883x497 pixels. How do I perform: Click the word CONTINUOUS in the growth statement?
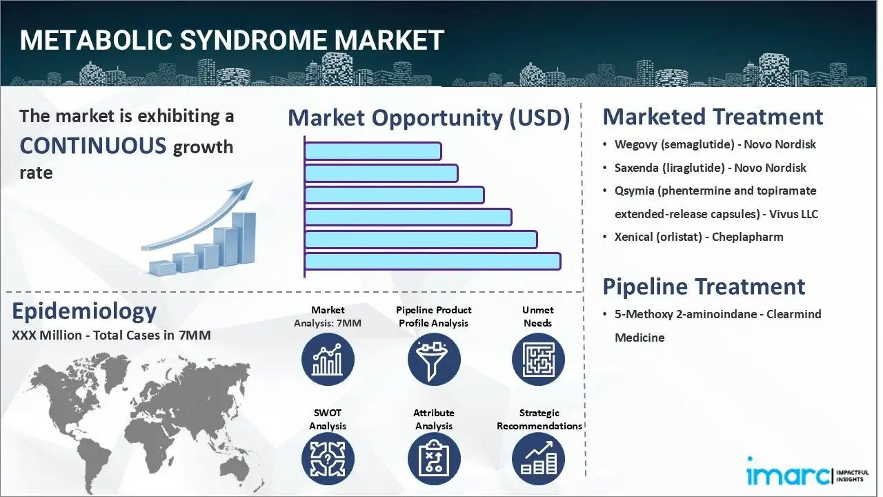click(x=93, y=146)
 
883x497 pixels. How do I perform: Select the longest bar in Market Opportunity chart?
click(x=432, y=261)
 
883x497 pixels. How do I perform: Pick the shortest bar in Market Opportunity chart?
click(x=373, y=150)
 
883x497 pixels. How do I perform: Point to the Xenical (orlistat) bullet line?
click(x=699, y=237)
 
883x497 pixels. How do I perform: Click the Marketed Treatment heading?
click(x=713, y=117)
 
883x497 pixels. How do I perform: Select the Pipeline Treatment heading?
click(x=704, y=286)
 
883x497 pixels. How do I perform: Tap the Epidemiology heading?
click(x=84, y=311)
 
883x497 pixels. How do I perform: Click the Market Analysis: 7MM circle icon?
click(x=328, y=359)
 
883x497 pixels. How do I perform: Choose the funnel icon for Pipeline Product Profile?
click(x=434, y=359)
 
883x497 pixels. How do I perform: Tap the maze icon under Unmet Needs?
click(x=538, y=359)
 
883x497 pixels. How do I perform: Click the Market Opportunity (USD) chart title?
click(x=428, y=118)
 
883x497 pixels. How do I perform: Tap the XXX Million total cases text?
click(x=110, y=336)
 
